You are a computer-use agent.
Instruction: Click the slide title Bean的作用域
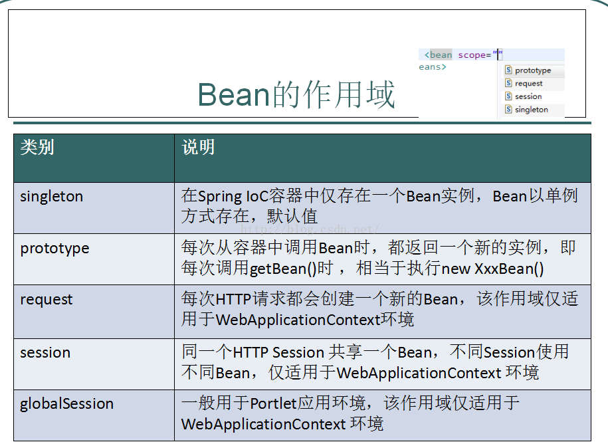296,94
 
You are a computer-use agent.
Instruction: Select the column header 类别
37,148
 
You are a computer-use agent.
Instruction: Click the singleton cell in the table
52,197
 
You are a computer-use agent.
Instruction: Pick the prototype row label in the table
54,249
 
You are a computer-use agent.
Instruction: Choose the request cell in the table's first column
47,300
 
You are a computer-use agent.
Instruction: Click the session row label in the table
45,352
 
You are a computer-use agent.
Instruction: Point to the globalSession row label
66,404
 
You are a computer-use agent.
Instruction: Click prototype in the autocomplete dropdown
532,70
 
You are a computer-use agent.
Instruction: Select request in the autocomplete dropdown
528,84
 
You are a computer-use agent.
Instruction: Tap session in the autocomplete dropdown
528,96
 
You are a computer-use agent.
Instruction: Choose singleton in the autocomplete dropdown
531,110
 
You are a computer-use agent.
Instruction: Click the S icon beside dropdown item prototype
508,70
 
